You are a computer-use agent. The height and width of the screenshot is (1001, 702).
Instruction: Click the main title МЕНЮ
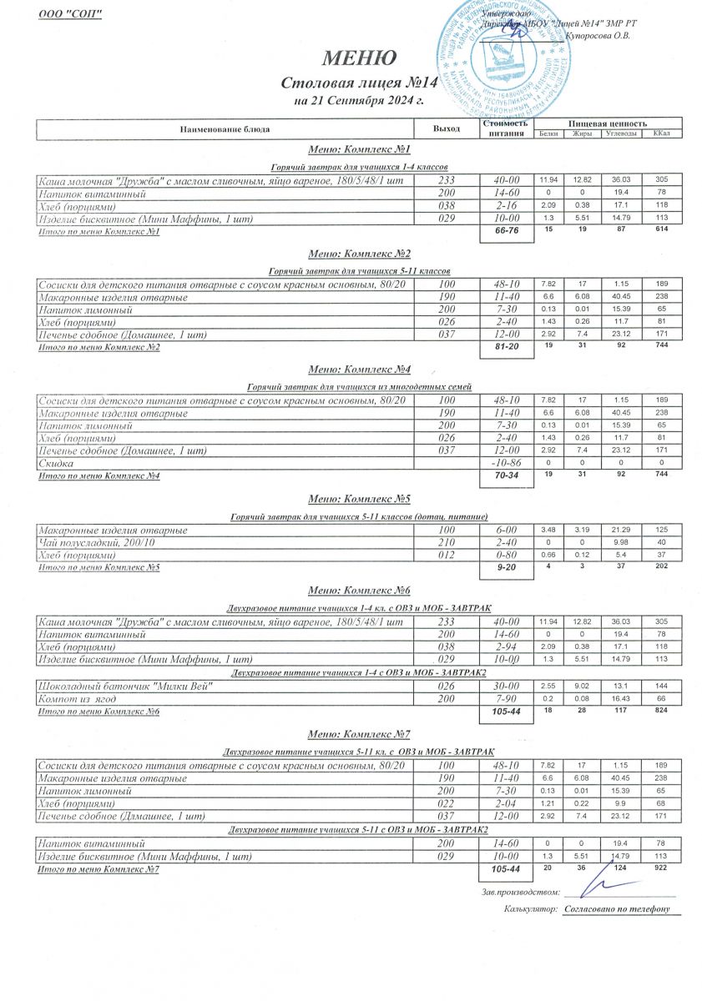tap(359, 58)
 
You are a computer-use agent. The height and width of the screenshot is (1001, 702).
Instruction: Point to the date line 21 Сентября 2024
tap(359, 101)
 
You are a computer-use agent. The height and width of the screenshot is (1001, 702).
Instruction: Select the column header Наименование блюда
tap(225, 129)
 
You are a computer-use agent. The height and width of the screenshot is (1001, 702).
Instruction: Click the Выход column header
tap(447, 129)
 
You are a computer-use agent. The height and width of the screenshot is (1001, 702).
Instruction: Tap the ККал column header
tap(661, 134)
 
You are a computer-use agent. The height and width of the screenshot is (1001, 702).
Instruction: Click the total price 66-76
tap(507, 233)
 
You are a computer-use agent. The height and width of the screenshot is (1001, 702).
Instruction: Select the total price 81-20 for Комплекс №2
tap(507, 348)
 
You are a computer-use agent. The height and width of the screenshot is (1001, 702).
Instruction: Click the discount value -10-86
tap(507, 463)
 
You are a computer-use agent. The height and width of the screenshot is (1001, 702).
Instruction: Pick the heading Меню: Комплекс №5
tap(359, 500)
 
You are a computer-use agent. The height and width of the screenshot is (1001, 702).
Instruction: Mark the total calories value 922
tap(661, 868)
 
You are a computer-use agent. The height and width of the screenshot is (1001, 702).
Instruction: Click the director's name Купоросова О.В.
tap(598, 36)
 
